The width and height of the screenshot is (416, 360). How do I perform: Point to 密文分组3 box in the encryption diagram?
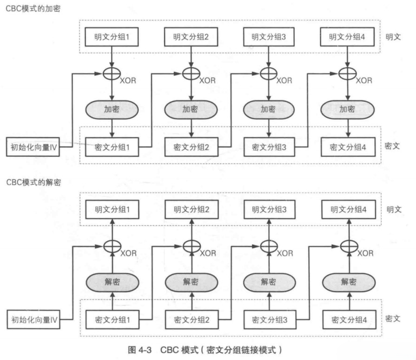[x=269, y=147]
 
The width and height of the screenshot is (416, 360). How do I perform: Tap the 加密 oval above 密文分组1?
[x=111, y=109]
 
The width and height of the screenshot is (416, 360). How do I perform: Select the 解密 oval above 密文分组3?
[x=269, y=282]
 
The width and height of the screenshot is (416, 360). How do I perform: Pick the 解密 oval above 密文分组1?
[x=111, y=282]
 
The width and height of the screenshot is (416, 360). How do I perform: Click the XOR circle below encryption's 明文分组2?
[x=190, y=73]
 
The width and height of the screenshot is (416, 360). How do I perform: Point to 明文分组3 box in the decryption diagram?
[x=269, y=209]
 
